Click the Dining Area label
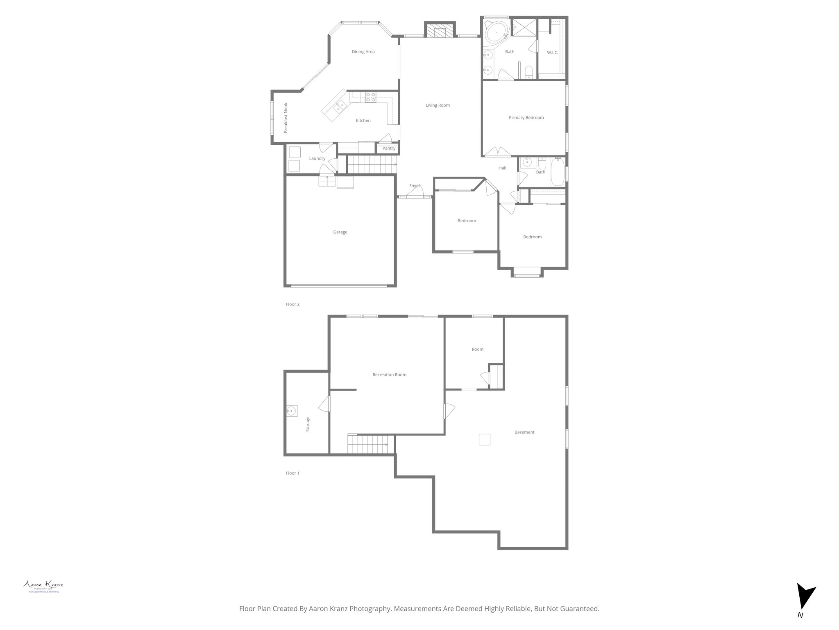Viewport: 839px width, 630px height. coord(363,52)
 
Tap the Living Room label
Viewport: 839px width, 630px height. coord(438,105)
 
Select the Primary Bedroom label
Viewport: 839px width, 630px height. coord(526,118)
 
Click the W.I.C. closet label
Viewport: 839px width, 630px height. coord(552,52)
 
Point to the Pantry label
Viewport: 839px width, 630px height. coord(389,148)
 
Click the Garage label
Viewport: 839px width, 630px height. coord(340,232)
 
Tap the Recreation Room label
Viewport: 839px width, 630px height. coord(389,374)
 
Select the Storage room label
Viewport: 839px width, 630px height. coord(308,424)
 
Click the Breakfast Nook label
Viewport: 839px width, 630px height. coord(286,118)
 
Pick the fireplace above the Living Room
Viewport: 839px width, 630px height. coord(440,31)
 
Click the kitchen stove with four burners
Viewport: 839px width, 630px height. coord(371,97)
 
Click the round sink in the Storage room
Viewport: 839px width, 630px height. coord(292,411)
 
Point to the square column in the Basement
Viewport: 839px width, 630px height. coord(485,439)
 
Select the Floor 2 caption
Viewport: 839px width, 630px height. coord(293,304)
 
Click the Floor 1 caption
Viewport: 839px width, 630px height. coord(293,473)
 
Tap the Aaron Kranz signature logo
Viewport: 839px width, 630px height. coord(43,585)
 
